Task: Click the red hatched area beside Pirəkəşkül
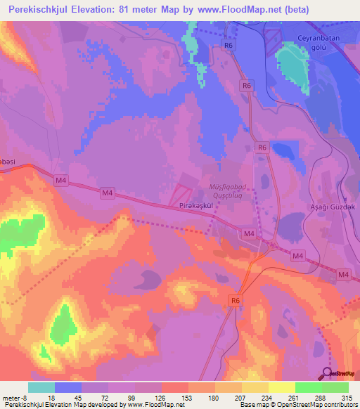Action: pyautogui.click(x=181, y=194)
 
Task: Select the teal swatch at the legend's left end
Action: pyautogui.click(x=41, y=387)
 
